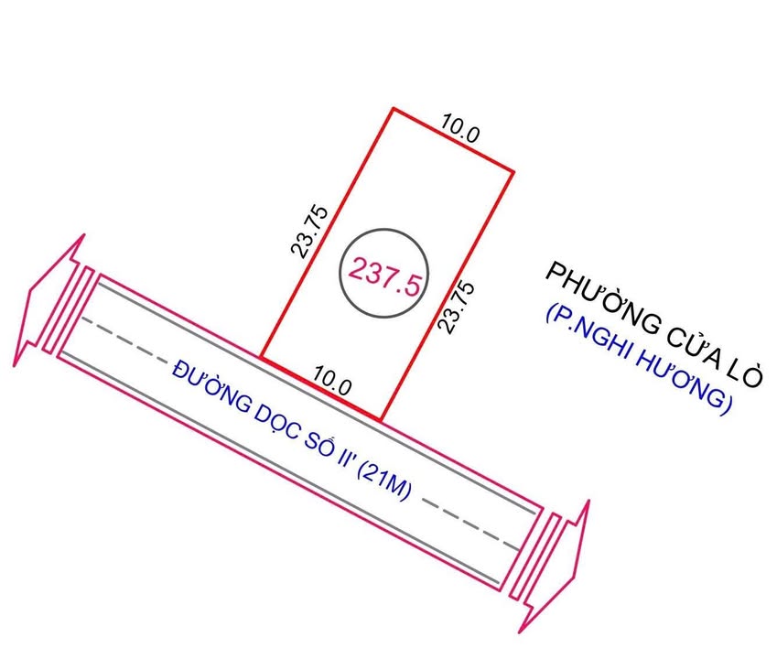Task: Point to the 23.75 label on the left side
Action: coord(307,231)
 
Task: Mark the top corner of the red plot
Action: coord(394,109)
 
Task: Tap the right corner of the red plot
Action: coord(513,171)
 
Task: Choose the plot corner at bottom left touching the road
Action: coord(262,357)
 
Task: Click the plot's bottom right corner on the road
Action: coord(380,420)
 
